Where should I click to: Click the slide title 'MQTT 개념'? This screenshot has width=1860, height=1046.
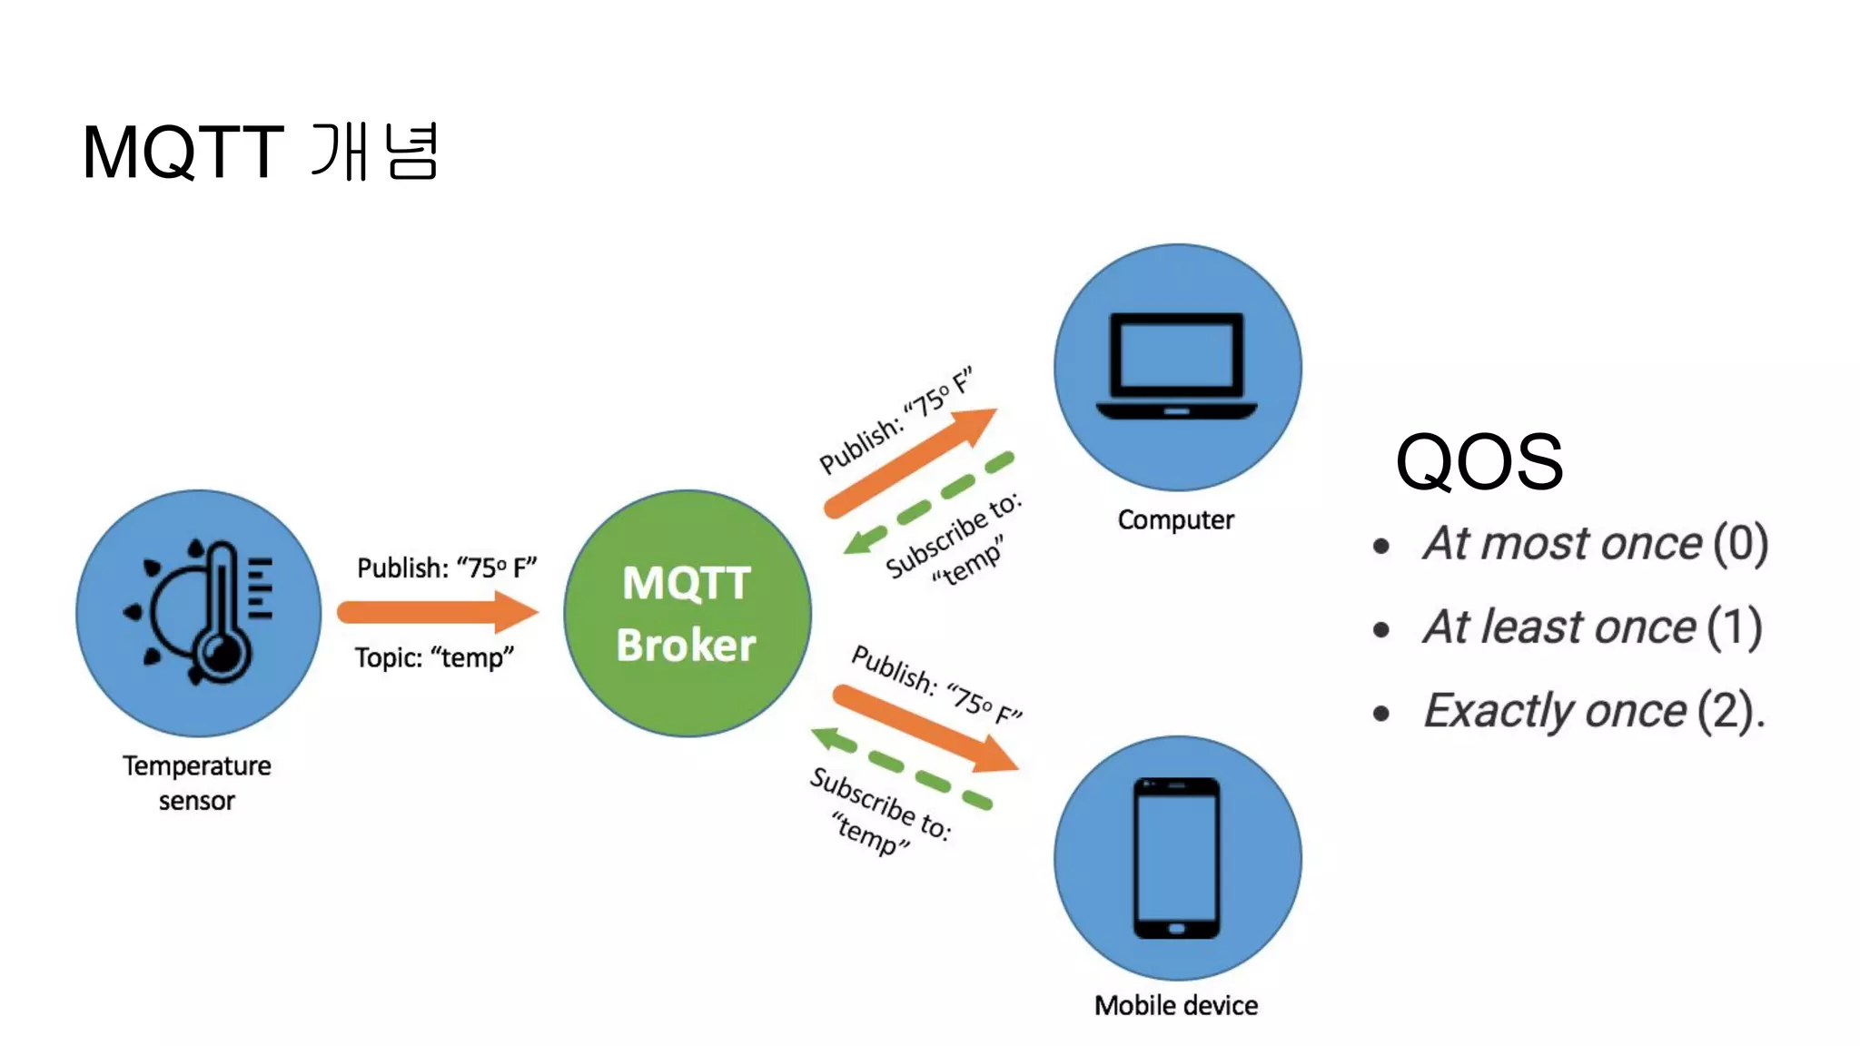(x=260, y=152)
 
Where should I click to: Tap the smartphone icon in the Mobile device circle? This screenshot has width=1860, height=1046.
(x=1177, y=857)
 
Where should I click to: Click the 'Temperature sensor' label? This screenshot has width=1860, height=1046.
(x=197, y=783)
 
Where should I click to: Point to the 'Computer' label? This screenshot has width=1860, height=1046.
(x=1175, y=519)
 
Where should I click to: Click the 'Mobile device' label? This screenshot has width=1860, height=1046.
(x=1176, y=1005)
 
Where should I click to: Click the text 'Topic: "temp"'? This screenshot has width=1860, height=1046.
(x=434, y=656)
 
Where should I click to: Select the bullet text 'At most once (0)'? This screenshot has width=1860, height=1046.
(x=1595, y=543)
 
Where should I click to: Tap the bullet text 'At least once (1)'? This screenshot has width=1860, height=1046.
(x=1592, y=627)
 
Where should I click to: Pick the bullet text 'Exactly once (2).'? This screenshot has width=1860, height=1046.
(x=1594, y=710)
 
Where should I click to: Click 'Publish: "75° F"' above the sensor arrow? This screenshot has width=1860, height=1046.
(x=447, y=567)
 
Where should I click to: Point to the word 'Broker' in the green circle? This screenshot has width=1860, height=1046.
(x=686, y=645)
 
